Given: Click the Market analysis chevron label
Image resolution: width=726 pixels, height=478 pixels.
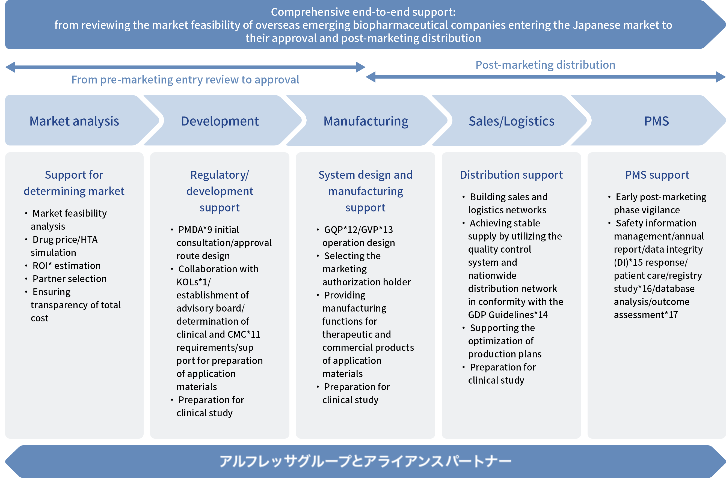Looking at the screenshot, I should pyautogui.click(x=74, y=121).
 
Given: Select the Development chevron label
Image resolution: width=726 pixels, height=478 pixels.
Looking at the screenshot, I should pyautogui.click(x=220, y=121).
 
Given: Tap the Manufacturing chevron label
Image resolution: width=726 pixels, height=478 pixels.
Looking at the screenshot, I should pyautogui.click(x=366, y=121).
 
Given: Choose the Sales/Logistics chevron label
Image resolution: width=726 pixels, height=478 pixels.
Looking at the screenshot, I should pyautogui.click(x=512, y=121).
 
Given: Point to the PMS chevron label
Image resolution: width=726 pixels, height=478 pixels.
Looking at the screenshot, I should pyautogui.click(x=656, y=121).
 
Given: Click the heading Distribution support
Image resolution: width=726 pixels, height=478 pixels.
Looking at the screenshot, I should pyautogui.click(x=511, y=175).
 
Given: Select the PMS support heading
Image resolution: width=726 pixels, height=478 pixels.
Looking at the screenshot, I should pyautogui.click(x=657, y=175).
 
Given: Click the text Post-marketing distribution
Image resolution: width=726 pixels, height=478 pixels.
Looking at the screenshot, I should pyautogui.click(x=546, y=65).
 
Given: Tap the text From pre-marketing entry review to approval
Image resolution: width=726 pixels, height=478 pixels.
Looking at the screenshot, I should pyautogui.click(x=185, y=80).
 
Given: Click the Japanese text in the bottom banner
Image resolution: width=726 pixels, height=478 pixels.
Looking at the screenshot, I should pyautogui.click(x=365, y=461).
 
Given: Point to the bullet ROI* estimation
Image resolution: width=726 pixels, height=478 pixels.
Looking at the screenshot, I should pyautogui.click(x=67, y=265).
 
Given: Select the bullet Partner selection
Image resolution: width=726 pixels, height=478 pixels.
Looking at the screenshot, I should pyautogui.click(x=70, y=279).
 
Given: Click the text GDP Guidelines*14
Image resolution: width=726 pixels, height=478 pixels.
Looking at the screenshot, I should pyautogui.click(x=508, y=315).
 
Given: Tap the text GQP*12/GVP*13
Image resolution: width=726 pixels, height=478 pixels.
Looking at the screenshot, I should pyautogui.click(x=358, y=229).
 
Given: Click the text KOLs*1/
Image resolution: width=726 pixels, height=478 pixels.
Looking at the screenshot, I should pyautogui.click(x=193, y=282).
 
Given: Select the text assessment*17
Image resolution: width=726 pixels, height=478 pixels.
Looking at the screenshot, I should pyautogui.click(x=646, y=315).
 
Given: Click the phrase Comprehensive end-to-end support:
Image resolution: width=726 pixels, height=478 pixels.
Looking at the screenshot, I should pyautogui.click(x=363, y=12).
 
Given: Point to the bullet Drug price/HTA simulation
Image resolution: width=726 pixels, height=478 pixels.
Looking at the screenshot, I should pyautogui.click(x=65, y=246).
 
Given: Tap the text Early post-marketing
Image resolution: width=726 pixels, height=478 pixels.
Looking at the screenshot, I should pyautogui.click(x=661, y=197).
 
